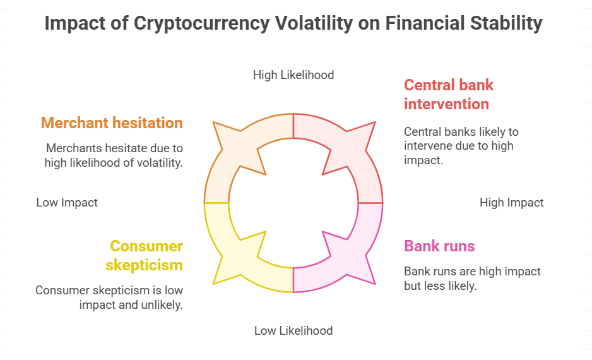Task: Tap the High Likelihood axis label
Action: pyautogui.click(x=293, y=75)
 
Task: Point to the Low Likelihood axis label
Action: pyautogui.click(x=293, y=330)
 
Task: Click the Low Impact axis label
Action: pyautogui.click(x=67, y=203)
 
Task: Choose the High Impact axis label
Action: pyautogui.click(x=511, y=203)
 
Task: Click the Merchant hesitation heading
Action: pyautogui.click(x=112, y=123)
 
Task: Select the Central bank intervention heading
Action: pyautogui.click(x=449, y=94)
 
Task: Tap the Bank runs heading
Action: pyautogui.click(x=439, y=246)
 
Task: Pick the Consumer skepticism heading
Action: pyautogui.click(x=146, y=255)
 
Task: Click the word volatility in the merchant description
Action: pyautogui.click(x=157, y=162)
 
